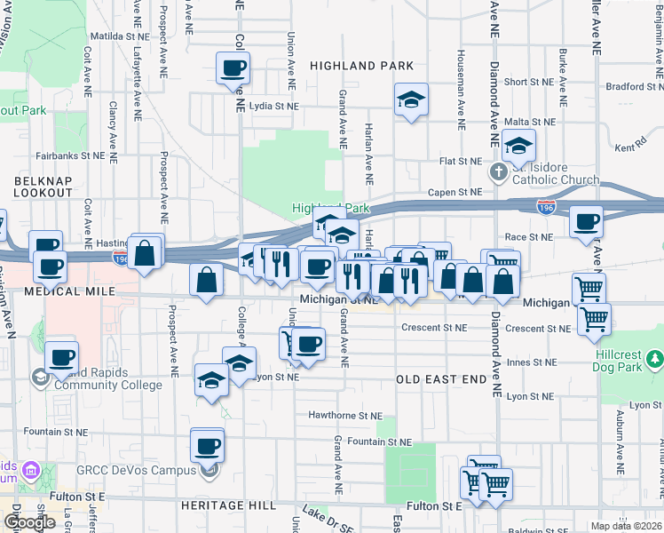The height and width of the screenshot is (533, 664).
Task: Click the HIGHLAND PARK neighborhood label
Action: coord(361,66)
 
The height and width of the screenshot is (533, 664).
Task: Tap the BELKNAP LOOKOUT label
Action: coord(43,187)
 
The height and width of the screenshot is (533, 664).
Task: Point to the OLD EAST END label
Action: coord(440,379)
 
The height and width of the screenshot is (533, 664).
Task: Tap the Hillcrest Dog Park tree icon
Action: coord(655,360)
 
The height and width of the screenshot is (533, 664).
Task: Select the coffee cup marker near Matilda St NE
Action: coord(233,68)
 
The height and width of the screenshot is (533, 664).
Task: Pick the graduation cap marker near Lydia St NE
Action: coord(412,99)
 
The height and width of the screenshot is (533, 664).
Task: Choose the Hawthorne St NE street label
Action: coord(345,415)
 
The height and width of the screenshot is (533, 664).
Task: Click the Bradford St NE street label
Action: coord(636,87)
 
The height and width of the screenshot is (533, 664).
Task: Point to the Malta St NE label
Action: coord(529,122)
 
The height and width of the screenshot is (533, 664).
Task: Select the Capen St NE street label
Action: coord(455,192)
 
